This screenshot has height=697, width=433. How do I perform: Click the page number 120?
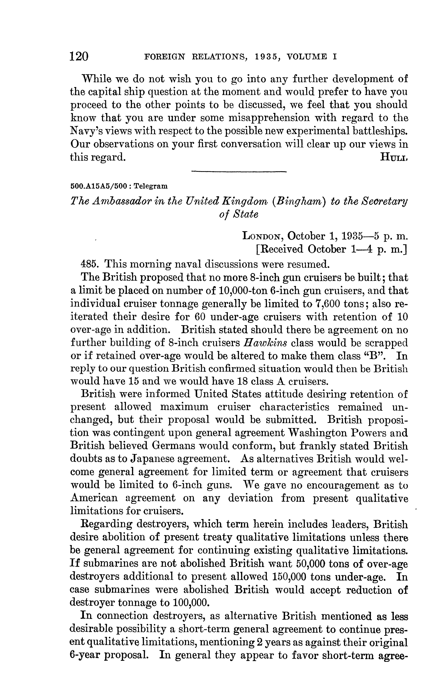coord(79,56)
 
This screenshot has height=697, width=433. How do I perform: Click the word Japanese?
coord(153,459)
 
